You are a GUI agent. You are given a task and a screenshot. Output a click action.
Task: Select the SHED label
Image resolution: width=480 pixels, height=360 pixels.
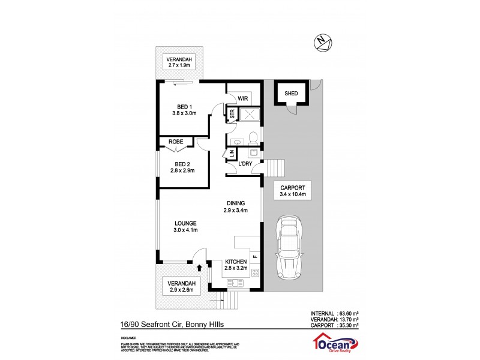[291, 93]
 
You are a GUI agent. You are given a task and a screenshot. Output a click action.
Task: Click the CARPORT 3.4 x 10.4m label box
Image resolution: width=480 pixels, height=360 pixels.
[293, 191]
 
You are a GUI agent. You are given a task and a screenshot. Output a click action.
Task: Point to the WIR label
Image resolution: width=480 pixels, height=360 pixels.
[243, 98]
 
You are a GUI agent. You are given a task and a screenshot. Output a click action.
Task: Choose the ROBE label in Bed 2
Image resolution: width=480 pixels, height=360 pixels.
[176, 142]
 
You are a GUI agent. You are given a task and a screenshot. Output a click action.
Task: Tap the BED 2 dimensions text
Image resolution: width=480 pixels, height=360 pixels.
[182, 172]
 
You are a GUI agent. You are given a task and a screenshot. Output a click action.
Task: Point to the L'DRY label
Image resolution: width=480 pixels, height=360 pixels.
[245, 164]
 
